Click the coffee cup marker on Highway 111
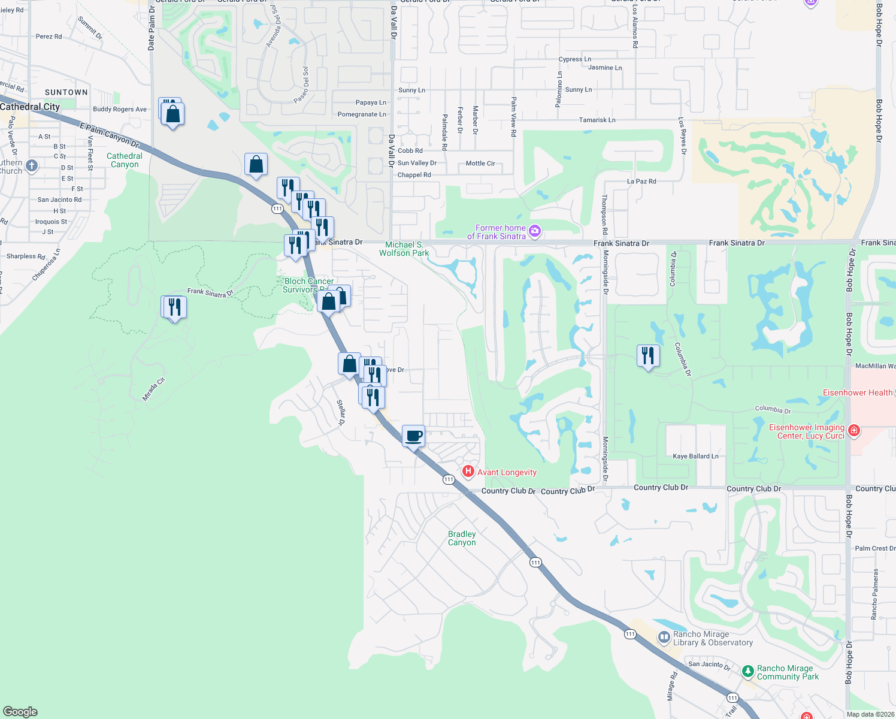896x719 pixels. point(413,436)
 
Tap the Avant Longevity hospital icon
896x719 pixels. point(468,472)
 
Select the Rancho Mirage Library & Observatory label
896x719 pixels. point(713,639)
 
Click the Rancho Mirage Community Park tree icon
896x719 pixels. point(747,672)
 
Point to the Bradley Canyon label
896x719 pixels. point(462,538)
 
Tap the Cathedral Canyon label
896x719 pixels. point(125,160)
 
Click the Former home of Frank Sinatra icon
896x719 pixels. point(535,231)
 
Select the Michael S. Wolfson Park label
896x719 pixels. point(404,249)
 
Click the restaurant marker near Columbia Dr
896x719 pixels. point(647,356)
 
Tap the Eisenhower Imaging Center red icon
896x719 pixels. point(854,430)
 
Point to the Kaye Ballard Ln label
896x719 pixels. point(695,457)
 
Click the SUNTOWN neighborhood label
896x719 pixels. point(66,92)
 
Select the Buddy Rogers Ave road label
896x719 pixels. point(120,109)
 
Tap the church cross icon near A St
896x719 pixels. point(32,165)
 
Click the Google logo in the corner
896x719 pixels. point(20,712)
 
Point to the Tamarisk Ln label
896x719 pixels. point(597,120)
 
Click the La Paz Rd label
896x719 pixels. point(641,181)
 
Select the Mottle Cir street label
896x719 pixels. point(480,163)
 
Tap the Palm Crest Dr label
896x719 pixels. point(875,548)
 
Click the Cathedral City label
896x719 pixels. point(30,107)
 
